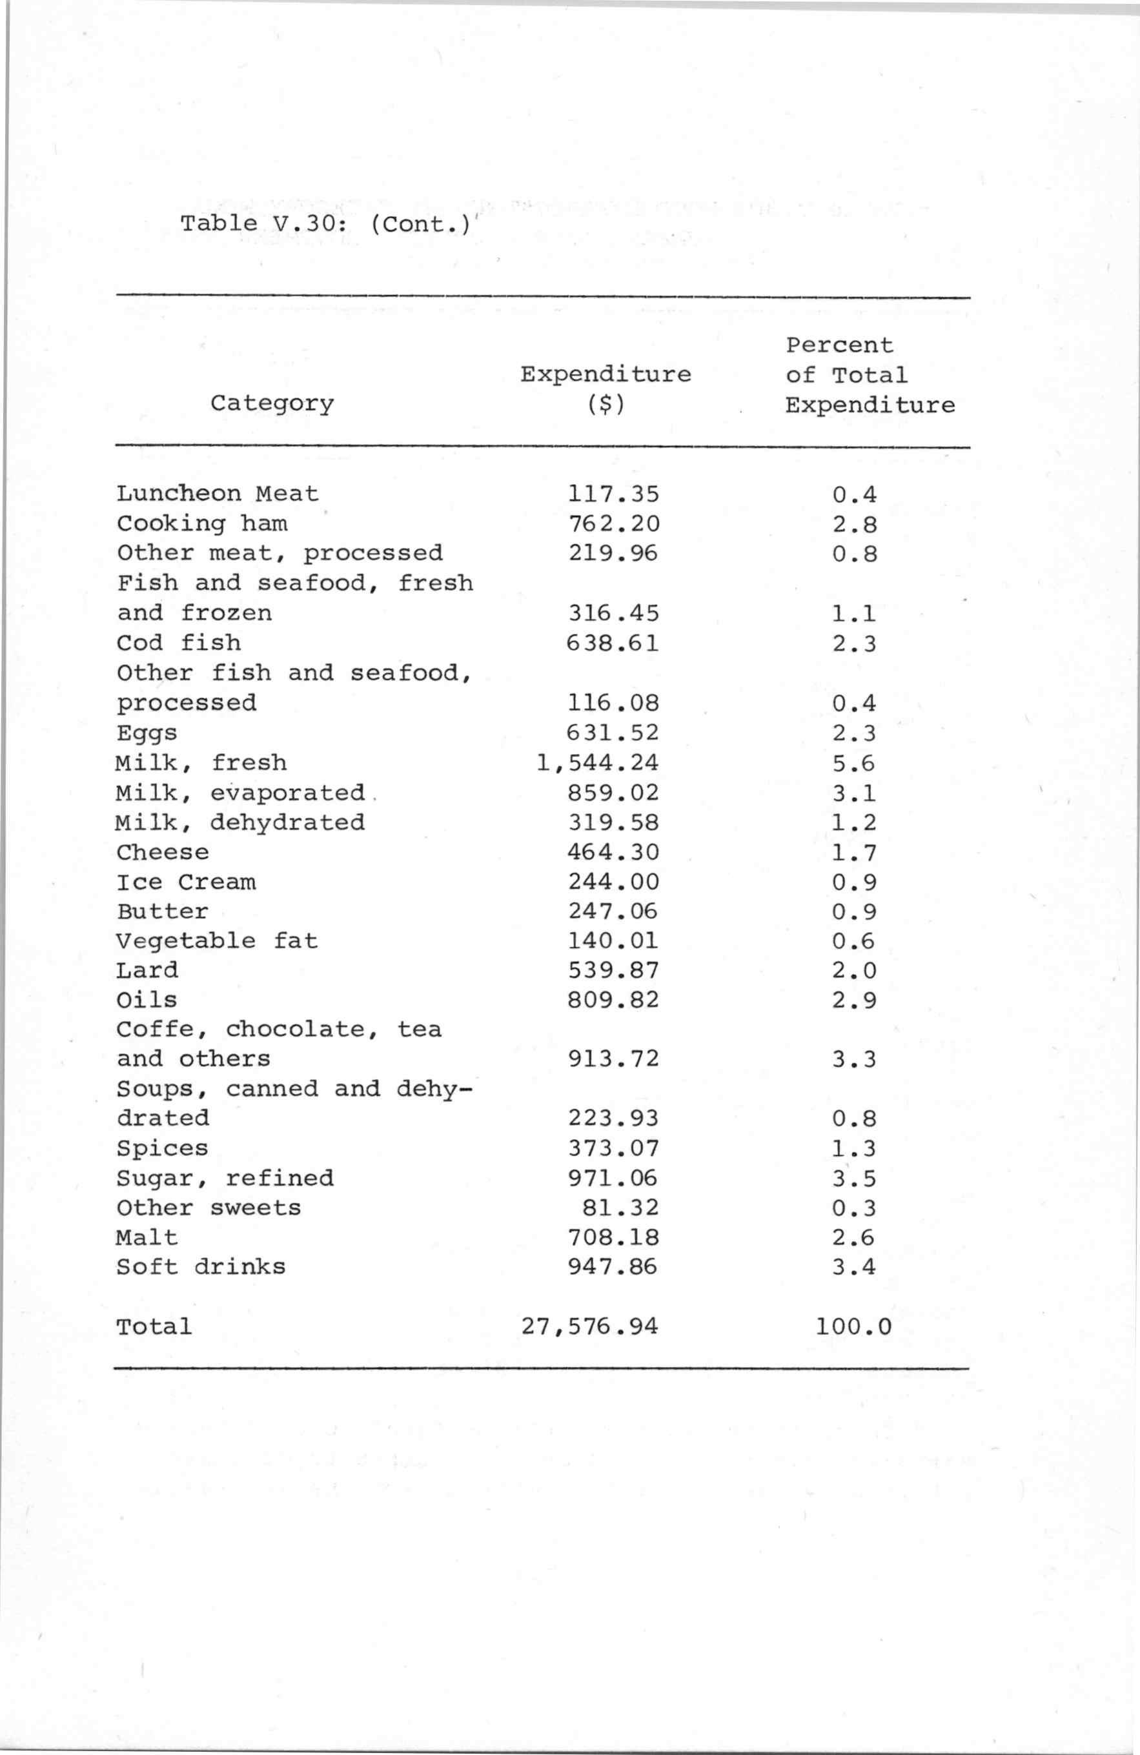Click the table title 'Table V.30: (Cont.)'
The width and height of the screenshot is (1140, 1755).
(325, 223)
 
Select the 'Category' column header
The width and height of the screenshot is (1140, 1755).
(272, 403)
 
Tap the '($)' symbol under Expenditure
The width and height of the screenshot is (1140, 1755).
(606, 405)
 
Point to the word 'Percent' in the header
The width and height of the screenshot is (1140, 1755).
(839, 345)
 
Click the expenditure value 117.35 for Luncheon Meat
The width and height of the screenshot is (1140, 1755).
(613, 494)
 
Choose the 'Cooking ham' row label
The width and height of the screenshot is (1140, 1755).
(202, 523)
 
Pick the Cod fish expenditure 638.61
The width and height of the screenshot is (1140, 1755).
(612, 643)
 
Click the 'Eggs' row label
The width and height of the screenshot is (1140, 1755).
(147, 734)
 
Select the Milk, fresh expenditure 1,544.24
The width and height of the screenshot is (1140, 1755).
(597, 763)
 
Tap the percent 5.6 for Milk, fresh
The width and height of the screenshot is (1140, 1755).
(854, 763)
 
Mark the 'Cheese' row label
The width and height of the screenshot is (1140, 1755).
(162, 853)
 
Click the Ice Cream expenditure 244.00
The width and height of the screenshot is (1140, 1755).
(613, 882)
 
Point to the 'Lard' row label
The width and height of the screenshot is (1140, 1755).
(147, 970)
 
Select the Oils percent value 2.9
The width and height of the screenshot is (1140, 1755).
(854, 1000)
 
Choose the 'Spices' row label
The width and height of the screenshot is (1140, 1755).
(162, 1148)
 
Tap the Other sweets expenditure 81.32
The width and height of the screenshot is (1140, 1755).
(620, 1208)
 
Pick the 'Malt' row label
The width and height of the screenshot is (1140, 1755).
(147, 1237)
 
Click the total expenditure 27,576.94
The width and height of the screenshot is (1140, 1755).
(589, 1327)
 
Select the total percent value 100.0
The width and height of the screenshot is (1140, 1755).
(853, 1327)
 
